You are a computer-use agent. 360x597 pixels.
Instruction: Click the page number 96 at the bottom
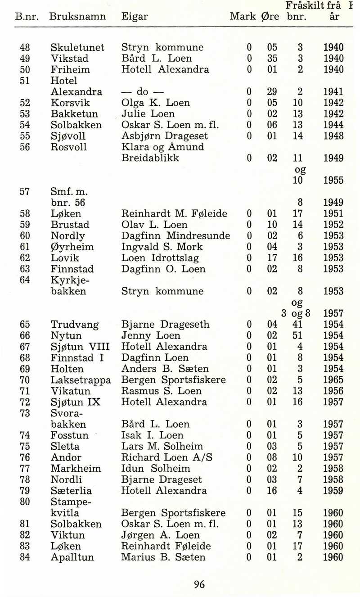tap(199, 584)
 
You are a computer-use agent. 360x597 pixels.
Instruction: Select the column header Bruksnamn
tap(77, 17)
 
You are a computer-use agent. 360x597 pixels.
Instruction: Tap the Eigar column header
tap(135, 17)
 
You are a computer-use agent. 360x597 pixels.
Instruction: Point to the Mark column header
tap(243, 17)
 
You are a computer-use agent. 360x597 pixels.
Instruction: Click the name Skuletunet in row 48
tap(77, 48)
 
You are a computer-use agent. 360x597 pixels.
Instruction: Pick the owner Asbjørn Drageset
tap(165, 136)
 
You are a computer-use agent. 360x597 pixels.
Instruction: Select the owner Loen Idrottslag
tap(160, 258)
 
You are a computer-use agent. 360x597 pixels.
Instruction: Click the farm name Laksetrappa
tap(81, 380)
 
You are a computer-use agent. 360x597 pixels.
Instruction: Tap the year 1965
tap(333, 380)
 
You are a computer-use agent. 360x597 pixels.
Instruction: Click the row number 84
tap(25, 557)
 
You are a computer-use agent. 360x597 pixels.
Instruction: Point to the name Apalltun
tap(72, 557)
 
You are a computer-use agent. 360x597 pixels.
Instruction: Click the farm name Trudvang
tap(74, 325)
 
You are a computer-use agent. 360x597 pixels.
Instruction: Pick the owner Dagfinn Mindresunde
tap(176, 236)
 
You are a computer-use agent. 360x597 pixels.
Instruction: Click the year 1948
tap(333, 136)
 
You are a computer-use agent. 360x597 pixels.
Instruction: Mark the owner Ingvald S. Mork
tap(162, 247)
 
